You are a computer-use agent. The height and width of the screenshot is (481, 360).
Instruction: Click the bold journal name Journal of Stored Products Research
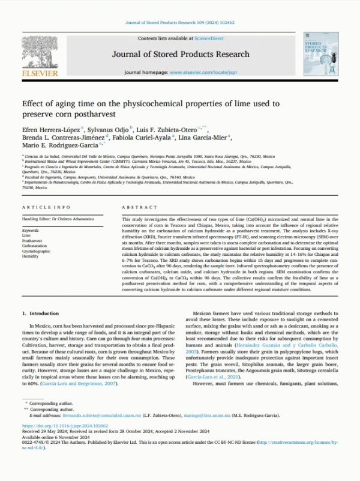[179, 55]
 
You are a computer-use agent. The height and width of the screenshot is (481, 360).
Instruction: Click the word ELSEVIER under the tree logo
[40, 73]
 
